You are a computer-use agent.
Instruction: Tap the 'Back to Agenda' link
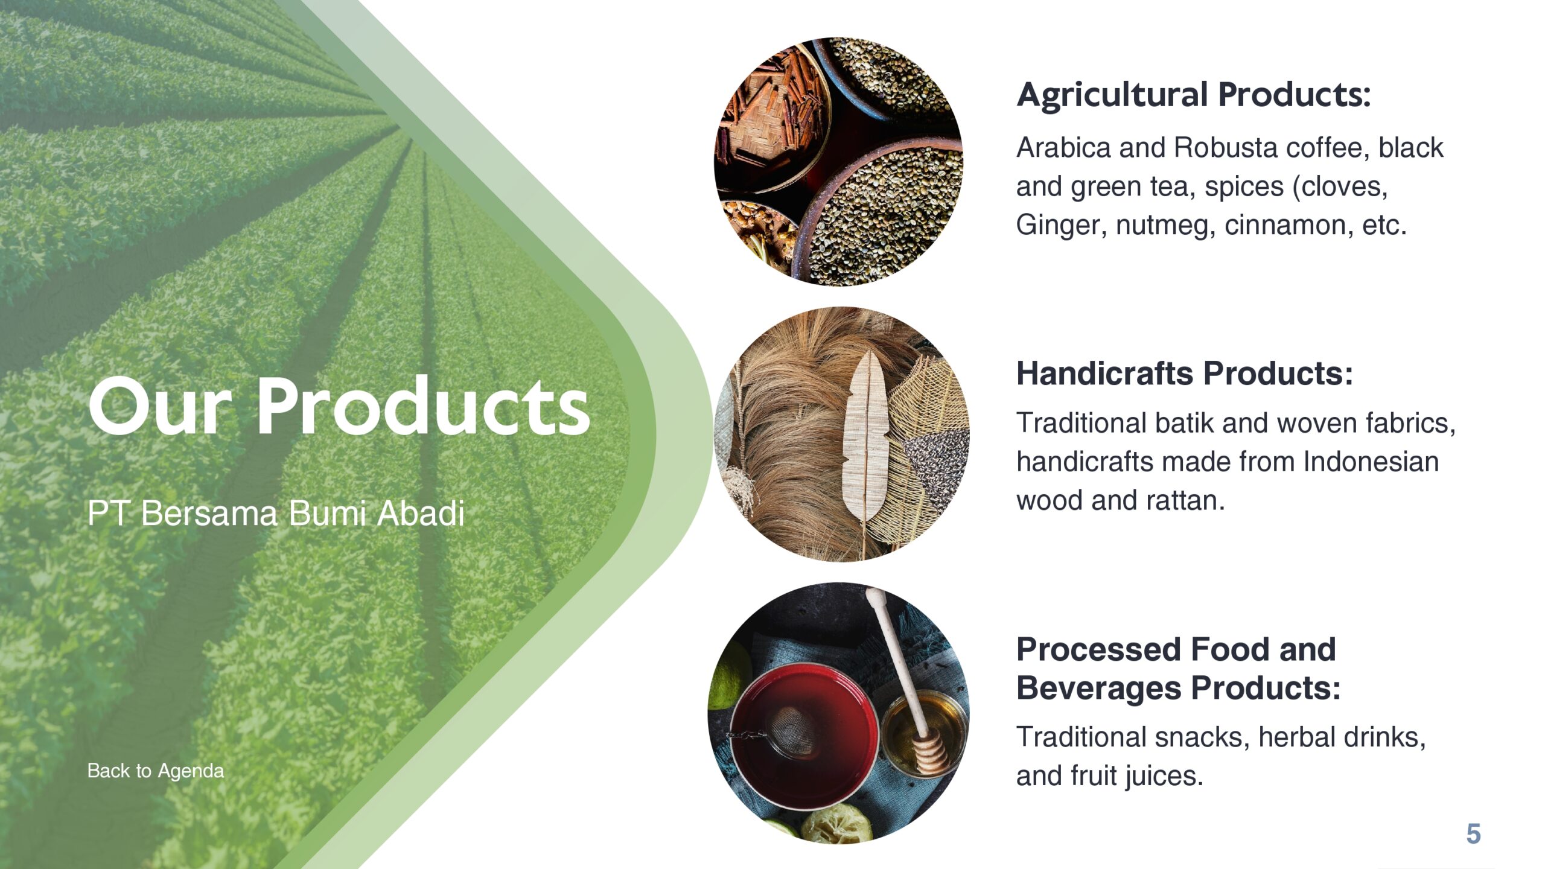(x=155, y=771)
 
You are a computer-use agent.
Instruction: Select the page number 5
(x=1473, y=834)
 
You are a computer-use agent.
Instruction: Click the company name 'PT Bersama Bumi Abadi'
(x=276, y=514)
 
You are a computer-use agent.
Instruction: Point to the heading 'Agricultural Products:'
(x=1193, y=95)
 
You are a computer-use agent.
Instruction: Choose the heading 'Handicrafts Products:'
(x=1184, y=373)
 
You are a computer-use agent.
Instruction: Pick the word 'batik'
(x=1183, y=423)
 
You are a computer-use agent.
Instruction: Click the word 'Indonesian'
(x=1371, y=462)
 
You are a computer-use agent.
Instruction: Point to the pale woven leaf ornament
(x=867, y=434)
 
